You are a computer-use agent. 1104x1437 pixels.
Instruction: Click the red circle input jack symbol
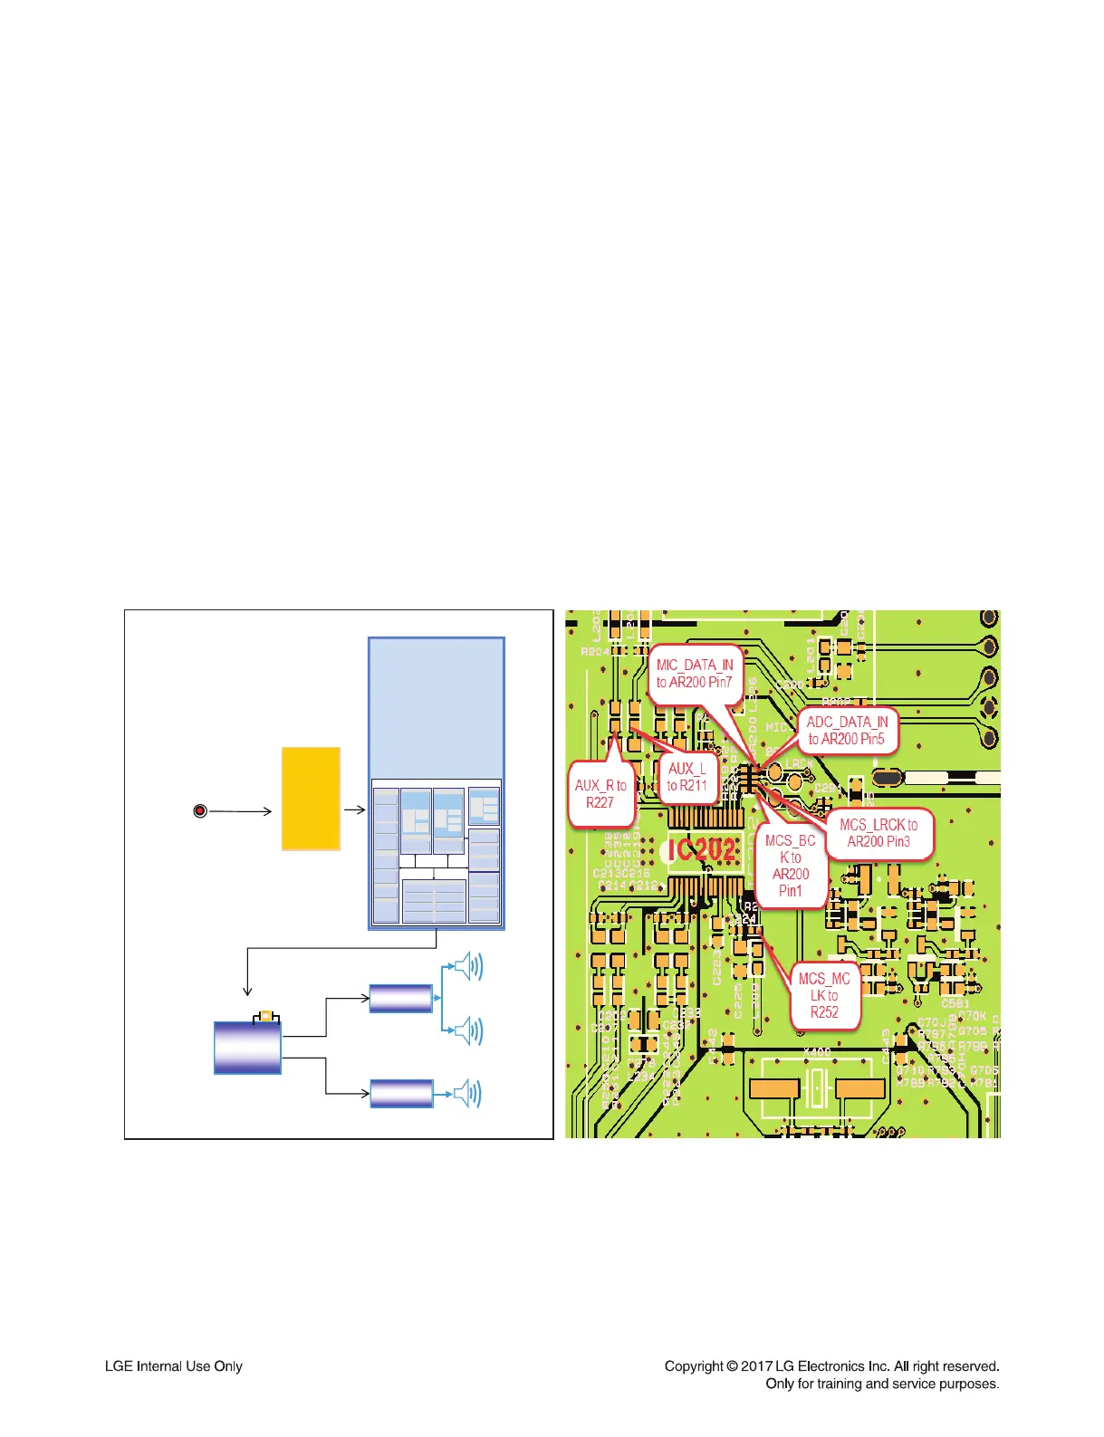pyautogui.click(x=200, y=810)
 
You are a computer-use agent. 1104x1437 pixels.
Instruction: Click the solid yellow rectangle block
pyautogui.click(x=311, y=799)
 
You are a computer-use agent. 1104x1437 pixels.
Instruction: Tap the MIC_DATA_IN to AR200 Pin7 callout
pyautogui.click(x=695, y=674)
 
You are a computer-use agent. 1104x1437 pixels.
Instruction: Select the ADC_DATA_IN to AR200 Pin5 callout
pyautogui.click(x=847, y=731)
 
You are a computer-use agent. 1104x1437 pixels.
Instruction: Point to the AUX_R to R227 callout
pyautogui.click(x=600, y=794)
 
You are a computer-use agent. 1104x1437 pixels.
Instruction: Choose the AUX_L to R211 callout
pyautogui.click(x=687, y=777)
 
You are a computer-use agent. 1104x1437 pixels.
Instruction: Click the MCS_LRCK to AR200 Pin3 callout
pyautogui.click(x=878, y=833)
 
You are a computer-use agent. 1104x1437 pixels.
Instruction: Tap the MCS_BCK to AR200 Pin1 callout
pyautogui.click(x=790, y=866)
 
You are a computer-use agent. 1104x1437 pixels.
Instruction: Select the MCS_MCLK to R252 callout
pyautogui.click(x=824, y=995)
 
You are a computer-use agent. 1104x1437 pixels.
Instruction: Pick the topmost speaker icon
pyautogui.click(x=468, y=967)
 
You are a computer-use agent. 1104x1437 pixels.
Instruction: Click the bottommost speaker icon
pyautogui.click(x=468, y=1094)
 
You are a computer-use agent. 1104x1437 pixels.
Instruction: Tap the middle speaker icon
pyautogui.click(x=468, y=1030)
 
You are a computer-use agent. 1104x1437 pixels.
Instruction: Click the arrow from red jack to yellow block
pyautogui.click(x=240, y=810)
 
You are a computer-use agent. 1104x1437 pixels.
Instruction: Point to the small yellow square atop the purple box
pyautogui.click(x=266, y=1016)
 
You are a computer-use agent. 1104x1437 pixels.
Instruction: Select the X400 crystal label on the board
pyautogui.click(x=817, y=1052)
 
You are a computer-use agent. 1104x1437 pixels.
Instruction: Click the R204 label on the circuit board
pyautogui.click(x=595, y=651)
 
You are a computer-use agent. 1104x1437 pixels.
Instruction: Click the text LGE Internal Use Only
pyautogui.click(x=174, y=1366)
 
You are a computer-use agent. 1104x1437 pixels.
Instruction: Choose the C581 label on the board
pyautogui.click(x=955, y=1003)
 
